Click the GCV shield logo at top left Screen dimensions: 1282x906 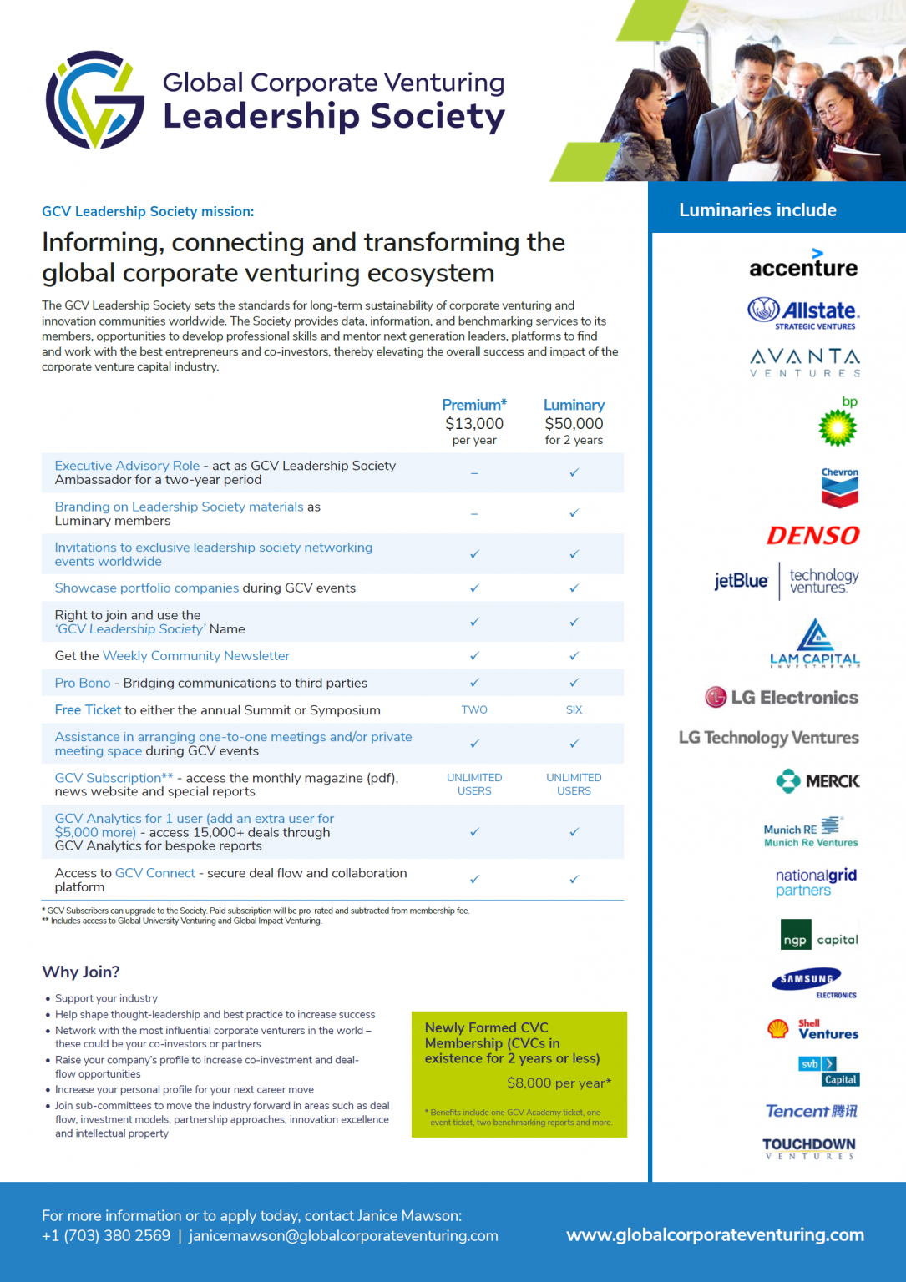coord(95,100)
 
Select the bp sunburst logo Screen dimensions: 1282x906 coord(838,427)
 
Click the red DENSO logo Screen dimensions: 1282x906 coord(813,535)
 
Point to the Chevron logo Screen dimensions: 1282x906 coord(839,488)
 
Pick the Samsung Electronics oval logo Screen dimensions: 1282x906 coord(807,979)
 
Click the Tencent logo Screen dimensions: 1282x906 coord(812,1111)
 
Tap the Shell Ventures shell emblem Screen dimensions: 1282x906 coord(778,1029)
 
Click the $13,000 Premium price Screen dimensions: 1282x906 coord(474,424)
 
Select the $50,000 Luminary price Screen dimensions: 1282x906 coord(574,424)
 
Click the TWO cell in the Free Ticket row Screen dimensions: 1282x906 coord(474,709)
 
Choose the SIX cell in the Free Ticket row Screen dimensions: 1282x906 coord(574,709)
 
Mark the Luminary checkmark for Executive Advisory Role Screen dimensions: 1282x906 coord(574,472)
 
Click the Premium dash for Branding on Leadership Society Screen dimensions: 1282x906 coord(474,513)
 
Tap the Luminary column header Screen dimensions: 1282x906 coord(574,405)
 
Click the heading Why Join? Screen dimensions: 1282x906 coord(81,972)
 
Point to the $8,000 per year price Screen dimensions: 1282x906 coord(559,1083)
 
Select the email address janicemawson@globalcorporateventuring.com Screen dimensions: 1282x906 coord(343,1235)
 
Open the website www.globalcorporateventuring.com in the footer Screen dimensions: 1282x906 coord(715,1234)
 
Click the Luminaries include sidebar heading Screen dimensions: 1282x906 coord(757,210)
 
